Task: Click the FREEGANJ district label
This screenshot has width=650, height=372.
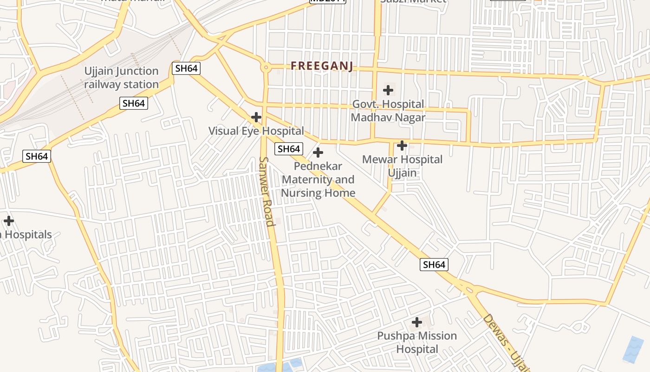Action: (x=322, y=66)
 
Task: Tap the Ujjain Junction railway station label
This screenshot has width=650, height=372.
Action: (x=121, y=78)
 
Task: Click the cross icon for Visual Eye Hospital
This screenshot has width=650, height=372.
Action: (x=256, y=117)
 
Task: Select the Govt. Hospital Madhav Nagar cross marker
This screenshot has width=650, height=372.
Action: (x=388, y=90)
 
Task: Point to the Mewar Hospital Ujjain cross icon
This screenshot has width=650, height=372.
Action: (x=402, y=146)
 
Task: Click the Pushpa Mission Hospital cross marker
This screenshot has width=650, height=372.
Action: (x=417, y=322)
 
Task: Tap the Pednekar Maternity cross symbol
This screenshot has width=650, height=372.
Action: (x=318, y=152)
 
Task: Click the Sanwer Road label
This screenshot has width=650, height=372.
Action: (x=266, y=191)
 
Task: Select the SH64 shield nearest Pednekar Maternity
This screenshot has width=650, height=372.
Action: (x=288, y=149)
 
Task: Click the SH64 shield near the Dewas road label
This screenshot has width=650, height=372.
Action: (x=434, y=265)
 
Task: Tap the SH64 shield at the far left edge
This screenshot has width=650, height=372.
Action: (x=37, y=156)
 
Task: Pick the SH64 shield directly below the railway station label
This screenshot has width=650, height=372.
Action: (x=134, y=103)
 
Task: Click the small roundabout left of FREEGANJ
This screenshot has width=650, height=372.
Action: (x=266, y=67)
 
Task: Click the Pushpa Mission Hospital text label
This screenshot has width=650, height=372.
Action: (x=416, y=342)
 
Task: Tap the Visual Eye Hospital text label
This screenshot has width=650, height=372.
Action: (x=256, y=131)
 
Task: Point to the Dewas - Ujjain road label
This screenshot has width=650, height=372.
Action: (x=506, y=342)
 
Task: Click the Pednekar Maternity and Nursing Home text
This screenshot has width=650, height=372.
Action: (x=318, y=179)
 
